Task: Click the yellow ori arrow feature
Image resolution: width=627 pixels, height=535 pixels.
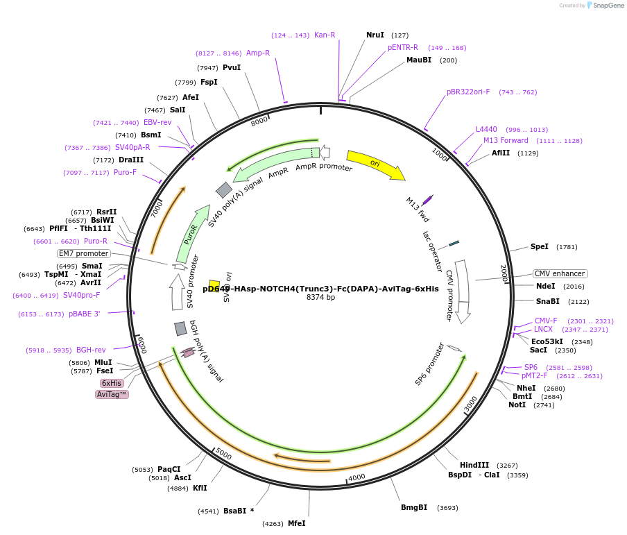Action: [375, 164]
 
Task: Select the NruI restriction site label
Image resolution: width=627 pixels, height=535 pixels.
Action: [375, 35]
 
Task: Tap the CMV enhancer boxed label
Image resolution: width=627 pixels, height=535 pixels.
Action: [560, 273]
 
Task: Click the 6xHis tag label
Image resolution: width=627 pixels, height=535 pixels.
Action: [112, 383]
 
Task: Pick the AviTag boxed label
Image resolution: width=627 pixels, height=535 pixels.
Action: [112, 394]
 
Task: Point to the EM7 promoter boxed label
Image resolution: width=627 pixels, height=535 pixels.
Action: [84, 253]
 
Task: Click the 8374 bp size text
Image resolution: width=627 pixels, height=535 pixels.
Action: [320, 298]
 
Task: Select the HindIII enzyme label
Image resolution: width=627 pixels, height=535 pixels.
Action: [474, 465]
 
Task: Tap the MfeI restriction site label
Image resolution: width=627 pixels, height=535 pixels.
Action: [297, 523]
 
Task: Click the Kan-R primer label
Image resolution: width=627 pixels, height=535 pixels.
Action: [325, 35]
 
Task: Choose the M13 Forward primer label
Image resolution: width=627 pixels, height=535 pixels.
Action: [506, 140]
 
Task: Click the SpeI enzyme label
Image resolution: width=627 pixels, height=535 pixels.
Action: [540, 246]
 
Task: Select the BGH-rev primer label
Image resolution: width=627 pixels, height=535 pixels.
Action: [91, 350]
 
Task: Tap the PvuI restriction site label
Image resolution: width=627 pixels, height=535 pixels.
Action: [232, 67]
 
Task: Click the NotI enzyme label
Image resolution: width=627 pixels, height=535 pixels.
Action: [517, 405]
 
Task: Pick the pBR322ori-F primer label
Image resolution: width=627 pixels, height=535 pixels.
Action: [468, 92]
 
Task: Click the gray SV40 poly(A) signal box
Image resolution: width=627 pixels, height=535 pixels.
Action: [224, 189]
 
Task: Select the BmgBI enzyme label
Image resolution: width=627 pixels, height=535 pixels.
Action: [414, 507]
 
